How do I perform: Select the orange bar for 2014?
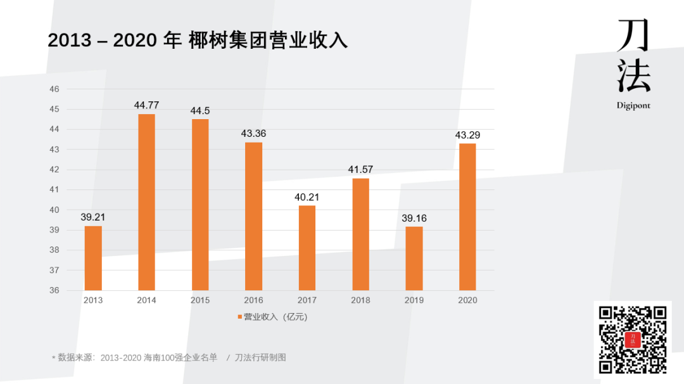[x=146, y=202]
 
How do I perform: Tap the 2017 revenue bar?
[x=307, y=248]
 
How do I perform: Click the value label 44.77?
[x=146, y=105]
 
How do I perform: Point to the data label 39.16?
[x=414, y=218]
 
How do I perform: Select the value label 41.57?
[x=360, y=170]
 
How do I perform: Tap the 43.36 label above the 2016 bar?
[x=253, y=134]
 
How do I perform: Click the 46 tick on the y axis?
[x=54, y=89]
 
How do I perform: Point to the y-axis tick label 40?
[x=54, y=210]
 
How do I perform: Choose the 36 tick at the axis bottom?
[x=54, y=290]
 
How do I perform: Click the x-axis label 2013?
[x=93, y=300]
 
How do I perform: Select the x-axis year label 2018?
[x=360, y=300]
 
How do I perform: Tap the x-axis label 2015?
[x=200, y=300]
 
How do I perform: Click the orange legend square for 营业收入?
[x=239, y=317]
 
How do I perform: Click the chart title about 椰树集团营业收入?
[x=198, y=41]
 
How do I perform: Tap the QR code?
[x=633, y=340]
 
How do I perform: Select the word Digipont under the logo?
[x=633, y=106]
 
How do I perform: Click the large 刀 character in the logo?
[x=633, y=35]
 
